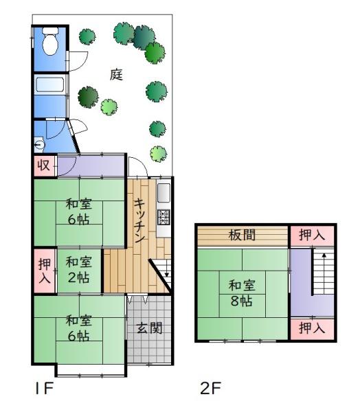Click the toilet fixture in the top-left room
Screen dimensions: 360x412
(x=50, y=41)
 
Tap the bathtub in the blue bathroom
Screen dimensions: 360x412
(x=50, y=84)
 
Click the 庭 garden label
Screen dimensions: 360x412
(x=117, y=74)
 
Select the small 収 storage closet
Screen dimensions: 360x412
(x=45, y=165)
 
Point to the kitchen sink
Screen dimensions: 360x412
(x=164, y=193)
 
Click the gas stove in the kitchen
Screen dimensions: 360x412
(x=164, y=217)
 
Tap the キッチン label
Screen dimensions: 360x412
(x=140, y=220)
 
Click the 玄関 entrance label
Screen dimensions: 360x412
(x=149, y=328)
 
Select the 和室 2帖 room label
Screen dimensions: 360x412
(x=79, y=270)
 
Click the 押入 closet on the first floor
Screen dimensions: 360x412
(x=45, y=271)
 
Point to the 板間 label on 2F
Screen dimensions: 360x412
(x=242, y=235)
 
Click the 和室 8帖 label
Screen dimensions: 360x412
(x=242, y=293)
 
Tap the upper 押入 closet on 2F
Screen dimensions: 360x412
(x=312, y=236)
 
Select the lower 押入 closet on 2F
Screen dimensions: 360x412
(x=312, y=329)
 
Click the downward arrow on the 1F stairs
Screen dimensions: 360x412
(x=167, y=271)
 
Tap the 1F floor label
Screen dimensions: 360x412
(x=45, y=388)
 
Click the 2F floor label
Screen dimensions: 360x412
(x=210, y=388)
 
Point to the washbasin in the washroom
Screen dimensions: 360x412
(x=39, y=144)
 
